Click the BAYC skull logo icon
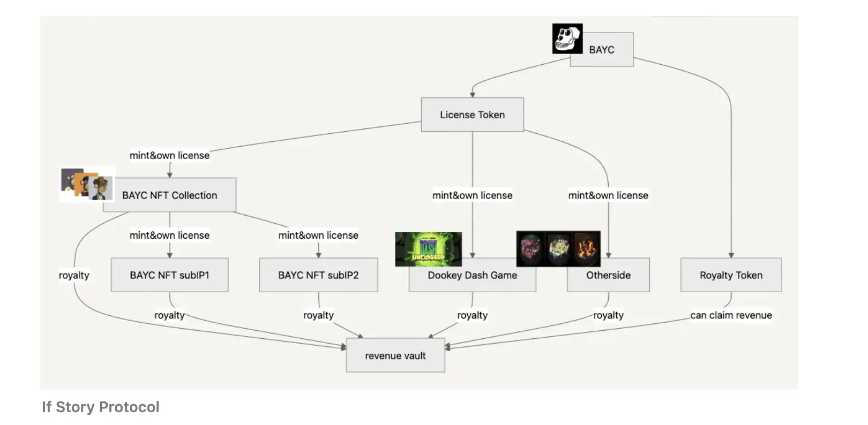pyautogui.click(x=567, y=39)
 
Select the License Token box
pyautogui.click(x=472, y=115)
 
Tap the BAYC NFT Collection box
pyautogui.click(x=169, y=195)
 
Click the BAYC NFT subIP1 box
pyautogui.click(x=169, y=275)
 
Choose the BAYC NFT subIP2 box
pyautogui.click(x=318, y=275)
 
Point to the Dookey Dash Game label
pyautogui.click(x=472, y=276)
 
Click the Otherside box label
pyautogui.click(x=608, y=276)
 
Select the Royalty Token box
pyautogui.click(x=731, y=275)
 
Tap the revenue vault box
pyautogui.click(x=395, y=355)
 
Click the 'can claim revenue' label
pyautogui.click(x=731, y=315)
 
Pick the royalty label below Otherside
pyautogui.click(x=608, y=315)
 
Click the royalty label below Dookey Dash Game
pyautogui.click(x=472, y=315)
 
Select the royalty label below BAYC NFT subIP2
pyautogui.click(x=318, y=315)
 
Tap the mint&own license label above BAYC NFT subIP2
pyautogui.click(x=318, y=235)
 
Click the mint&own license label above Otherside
pyautogui.click(x=608, y=195)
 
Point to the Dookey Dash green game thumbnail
pyautogui.click(x=428, y=249)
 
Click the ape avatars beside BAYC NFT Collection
pyautogui.click(x=87, y=184)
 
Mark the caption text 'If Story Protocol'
pyautogui.click(x=101, y=407)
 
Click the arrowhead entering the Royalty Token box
pyautogui.click(x=731, y=255)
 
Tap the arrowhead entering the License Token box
pyautogui.click(x=473, y=95)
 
